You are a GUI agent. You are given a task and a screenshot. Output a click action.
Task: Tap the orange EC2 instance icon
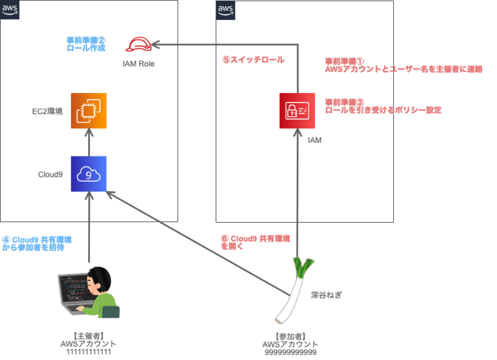[88, 110]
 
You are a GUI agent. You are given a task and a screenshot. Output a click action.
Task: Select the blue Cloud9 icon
[88, 174]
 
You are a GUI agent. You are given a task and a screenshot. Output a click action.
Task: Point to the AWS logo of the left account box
[9, 9]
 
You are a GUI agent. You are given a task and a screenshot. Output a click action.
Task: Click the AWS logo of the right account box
[225, 9]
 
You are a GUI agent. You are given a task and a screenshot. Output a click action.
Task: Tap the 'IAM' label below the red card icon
[314, 141]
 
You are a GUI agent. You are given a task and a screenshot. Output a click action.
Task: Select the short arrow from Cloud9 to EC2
[89, 142]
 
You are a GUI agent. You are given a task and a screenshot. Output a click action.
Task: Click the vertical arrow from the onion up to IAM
[298, 199]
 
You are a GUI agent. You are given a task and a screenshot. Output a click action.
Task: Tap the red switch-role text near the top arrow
[253, 60]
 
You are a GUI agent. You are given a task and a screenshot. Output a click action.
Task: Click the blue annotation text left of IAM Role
[86, 43]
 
